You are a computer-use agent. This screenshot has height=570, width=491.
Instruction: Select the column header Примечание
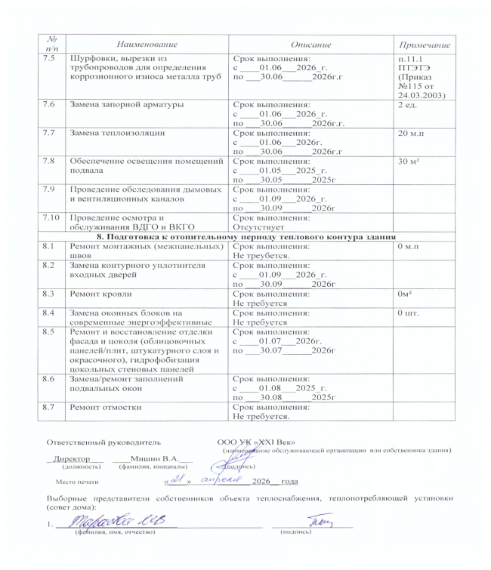point(424,45)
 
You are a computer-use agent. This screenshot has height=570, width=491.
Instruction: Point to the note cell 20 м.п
point(413,132)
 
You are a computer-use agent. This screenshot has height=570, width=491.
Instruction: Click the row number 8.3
point(51,291)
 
